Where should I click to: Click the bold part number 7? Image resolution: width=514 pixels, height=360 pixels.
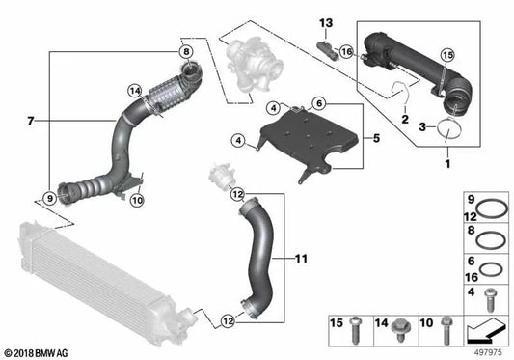pos(31,121)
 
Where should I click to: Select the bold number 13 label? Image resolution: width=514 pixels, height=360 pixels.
pos(325,22)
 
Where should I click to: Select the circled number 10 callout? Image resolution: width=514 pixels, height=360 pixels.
pos(137,201)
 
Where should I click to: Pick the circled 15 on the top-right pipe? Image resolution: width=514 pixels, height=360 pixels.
pos(446,57)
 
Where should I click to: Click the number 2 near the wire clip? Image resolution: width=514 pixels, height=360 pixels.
pos(405,122)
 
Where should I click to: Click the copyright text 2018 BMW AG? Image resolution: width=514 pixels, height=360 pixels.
pos(41,350)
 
